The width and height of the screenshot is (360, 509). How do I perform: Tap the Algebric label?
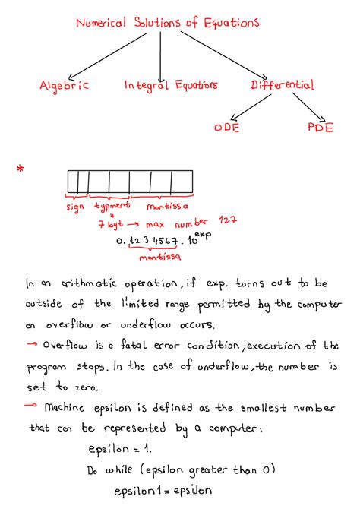pyautogui.click(x=65, y=86)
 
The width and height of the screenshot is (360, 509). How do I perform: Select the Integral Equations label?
pyautogui.click(x=171, y=86)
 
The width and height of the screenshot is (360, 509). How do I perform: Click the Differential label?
pyautogui.click(x=283, y=86)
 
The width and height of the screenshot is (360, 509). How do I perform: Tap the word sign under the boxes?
pyautogui.click(x=75, y=207)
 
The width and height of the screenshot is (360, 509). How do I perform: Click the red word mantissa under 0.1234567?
pyautogui.click(x=159, y=258)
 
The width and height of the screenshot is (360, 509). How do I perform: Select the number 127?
pyautogui.click(x=228, y=220)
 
